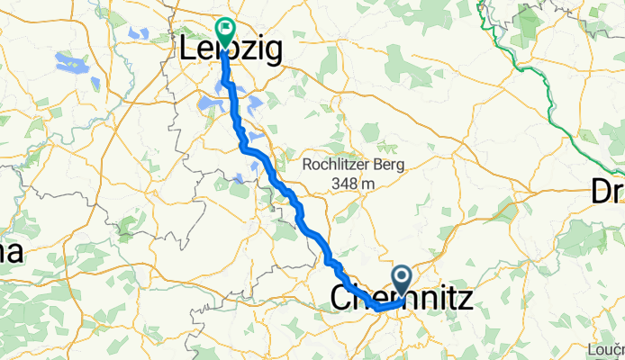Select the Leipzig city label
click(231, 50)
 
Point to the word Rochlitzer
click(335, 166)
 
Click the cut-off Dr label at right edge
click(607, 191)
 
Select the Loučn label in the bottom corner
click(606, 348)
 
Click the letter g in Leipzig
click(269, 52)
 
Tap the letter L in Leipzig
click(191, 49)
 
